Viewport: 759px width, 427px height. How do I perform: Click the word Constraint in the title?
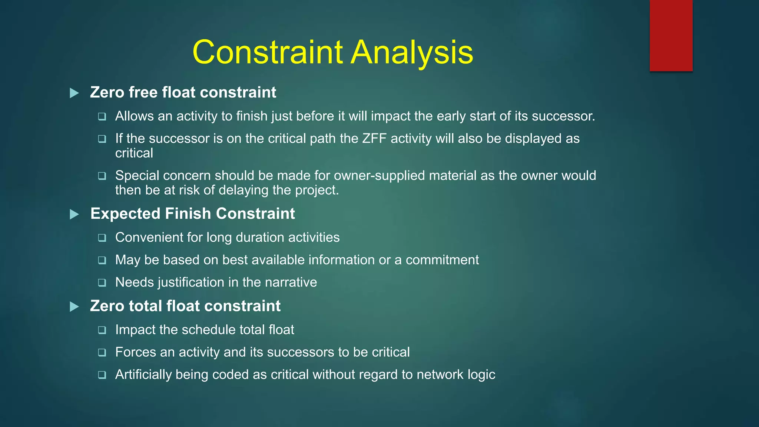pyautogui.click(x=268, y=52)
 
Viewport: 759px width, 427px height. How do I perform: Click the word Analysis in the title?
pyautogui.click(x=412, y=52)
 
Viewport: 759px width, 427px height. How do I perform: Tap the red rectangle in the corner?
pyautogui.click(x=671, y=35)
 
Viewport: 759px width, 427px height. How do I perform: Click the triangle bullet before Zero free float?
pyautogui.click(x=74, y=93)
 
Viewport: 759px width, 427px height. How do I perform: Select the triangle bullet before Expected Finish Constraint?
pyautogui.click(x=74, y=214)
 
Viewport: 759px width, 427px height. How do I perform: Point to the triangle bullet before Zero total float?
pyautogui.click(x=74, y=307)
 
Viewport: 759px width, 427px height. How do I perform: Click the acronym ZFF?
pyautogui.click(x=374, y=139)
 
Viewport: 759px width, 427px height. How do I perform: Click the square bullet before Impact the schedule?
pyautogui.click(x=102, y=330)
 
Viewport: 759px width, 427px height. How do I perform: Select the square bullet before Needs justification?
pyautogui.click(x=102, y=283)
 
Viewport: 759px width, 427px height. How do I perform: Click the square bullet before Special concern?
pyautogui.click(x=102, y=176)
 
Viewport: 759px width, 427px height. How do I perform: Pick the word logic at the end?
pyautogui.click(x=481, y=375)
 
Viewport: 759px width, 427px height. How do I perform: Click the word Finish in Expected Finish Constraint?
pyautogui.click(x=188, y=214)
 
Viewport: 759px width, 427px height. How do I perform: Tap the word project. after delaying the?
pyautogui.click(x=317, y=190)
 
